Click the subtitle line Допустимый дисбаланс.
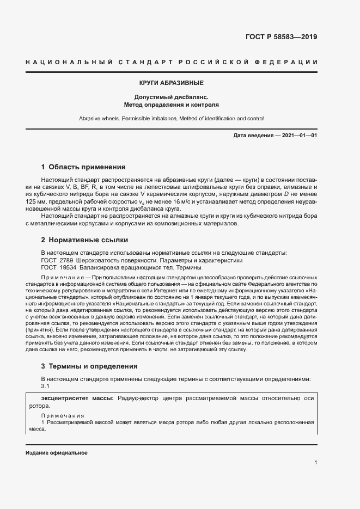click(172, 96)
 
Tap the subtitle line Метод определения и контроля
click(172, 103)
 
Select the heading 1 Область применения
click(83, 167)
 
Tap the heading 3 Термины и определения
click(89, 366)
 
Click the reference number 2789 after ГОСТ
click(68, 260)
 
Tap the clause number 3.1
click(46, 386)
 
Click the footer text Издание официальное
click(57, 453)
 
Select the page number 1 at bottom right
click(316, 463)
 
